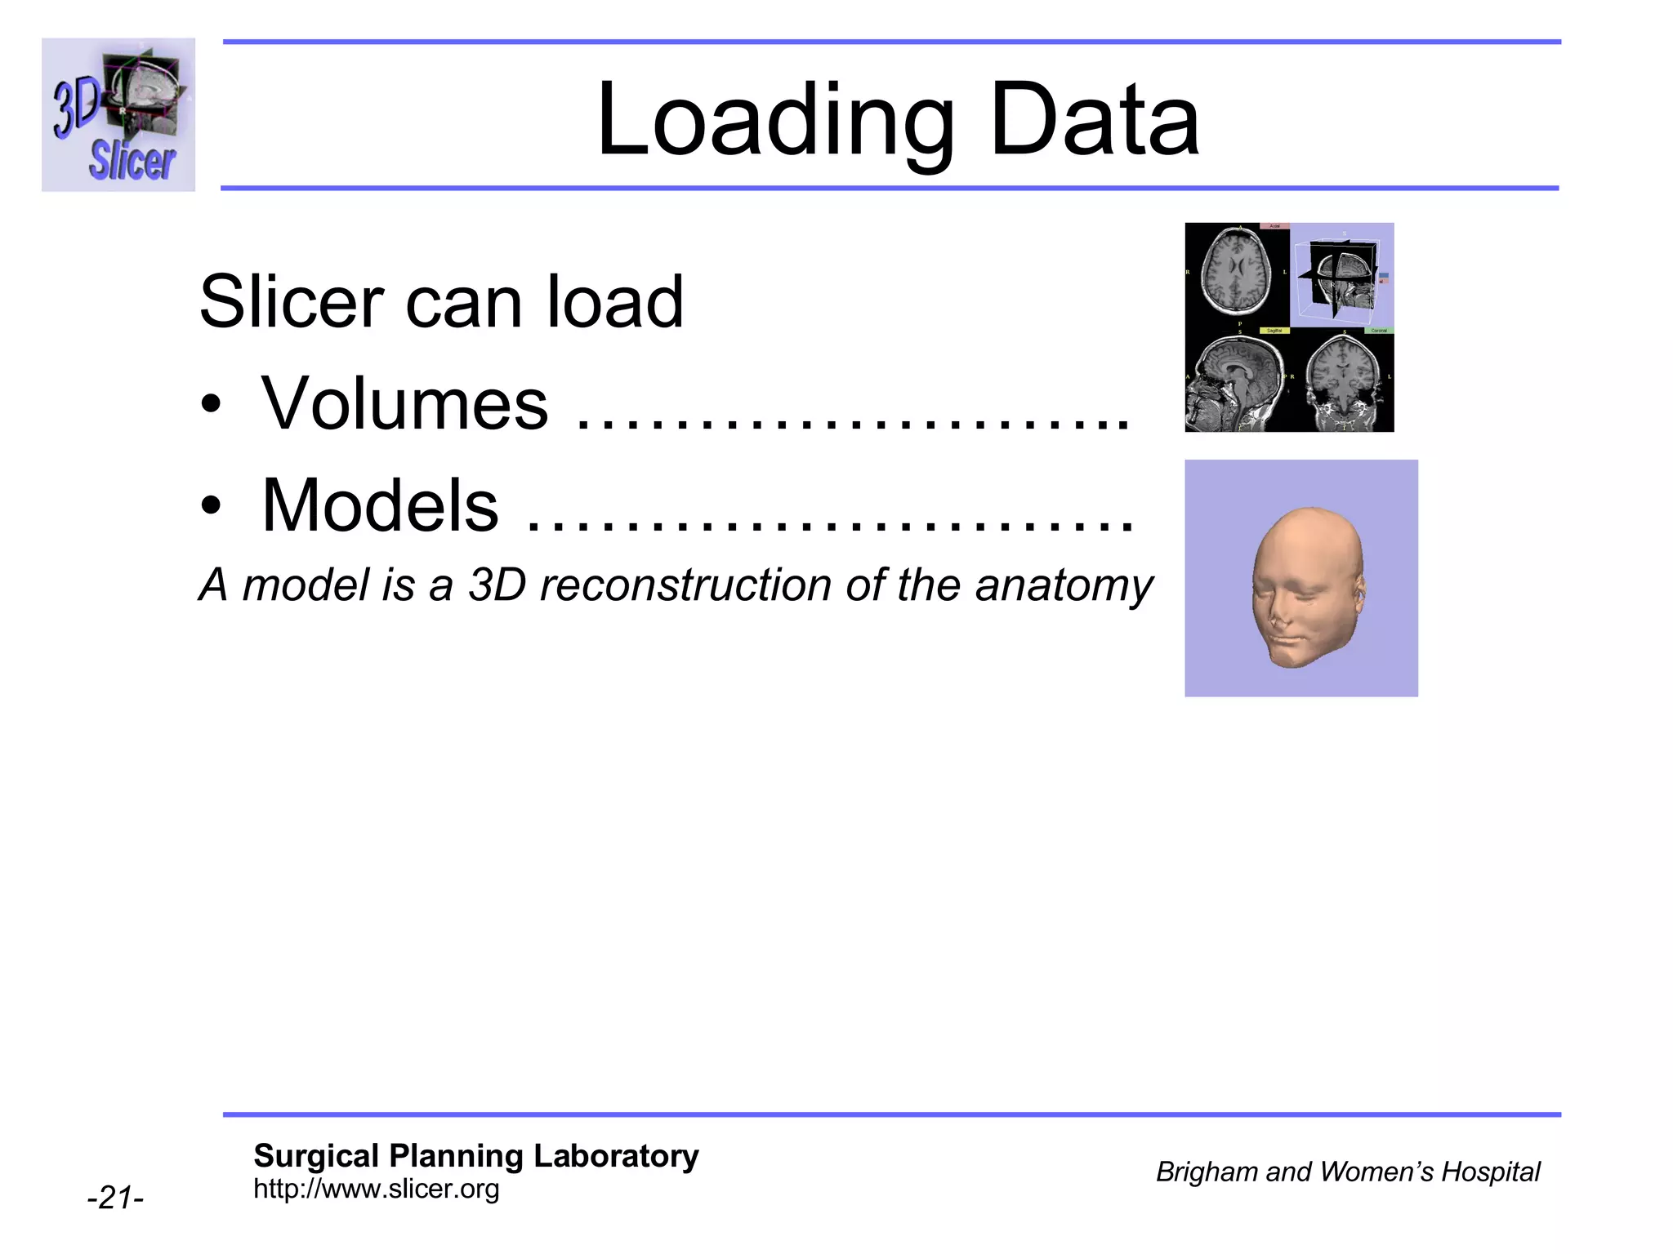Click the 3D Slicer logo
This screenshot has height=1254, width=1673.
(x=118, y=114)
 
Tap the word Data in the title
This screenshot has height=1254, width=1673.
(x=1095, y=121)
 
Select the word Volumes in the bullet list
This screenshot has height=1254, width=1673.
(x=404, y=403)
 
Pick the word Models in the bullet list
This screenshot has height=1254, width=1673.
(x=380, y=505)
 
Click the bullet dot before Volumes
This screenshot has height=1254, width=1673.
(x=212, y=405)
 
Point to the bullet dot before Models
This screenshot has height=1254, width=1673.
(x=212, y=507)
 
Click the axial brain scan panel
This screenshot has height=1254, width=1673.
(x=1237, y=274)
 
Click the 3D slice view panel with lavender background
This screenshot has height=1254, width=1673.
(x=1342, y=275)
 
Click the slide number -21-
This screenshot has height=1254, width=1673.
(x=115, y=1198)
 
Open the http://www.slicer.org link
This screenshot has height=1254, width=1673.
(x=376, y=1189)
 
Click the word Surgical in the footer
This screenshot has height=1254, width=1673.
(x=316, y=1156)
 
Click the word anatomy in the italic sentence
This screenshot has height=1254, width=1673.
(x=1064, y=585)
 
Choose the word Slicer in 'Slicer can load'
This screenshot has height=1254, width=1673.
(x=291, y=302)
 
